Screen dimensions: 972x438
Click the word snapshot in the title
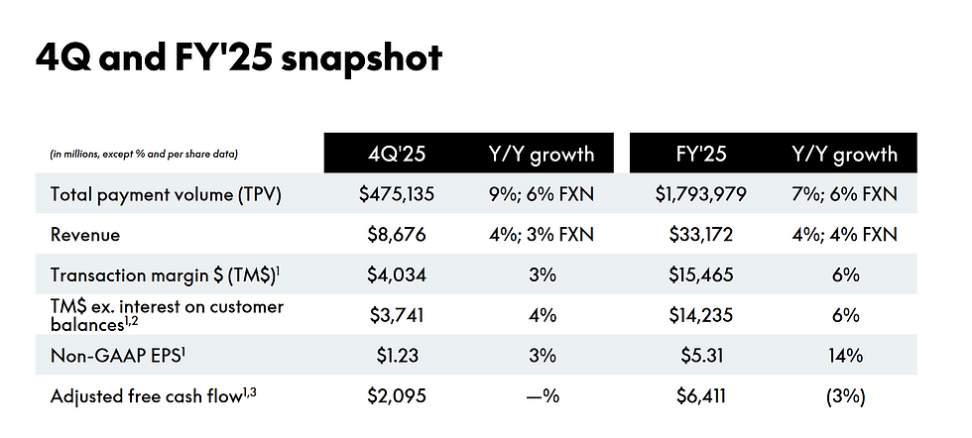(x=361, y=58)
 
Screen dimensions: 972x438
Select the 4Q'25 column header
(x=397, y=154)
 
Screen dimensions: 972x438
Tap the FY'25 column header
(x=700, y=154)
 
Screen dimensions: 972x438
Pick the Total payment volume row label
(x=167, y=195)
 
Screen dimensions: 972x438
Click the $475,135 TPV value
(x=397, y=194)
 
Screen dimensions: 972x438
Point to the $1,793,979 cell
(x=700, y=194)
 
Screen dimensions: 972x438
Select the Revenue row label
(x=85, y=235)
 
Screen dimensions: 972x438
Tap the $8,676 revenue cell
(x=397, y=235)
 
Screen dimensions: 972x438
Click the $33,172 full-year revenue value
(x=700, y=235)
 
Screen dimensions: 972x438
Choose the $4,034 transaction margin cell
(x=397, y=274)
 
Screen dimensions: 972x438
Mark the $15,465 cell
(x=700, y=274)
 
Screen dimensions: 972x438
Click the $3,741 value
(x=397, y=315)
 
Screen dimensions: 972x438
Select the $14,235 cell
(x=700, y=315)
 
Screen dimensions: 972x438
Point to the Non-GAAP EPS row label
(x=118, y=356)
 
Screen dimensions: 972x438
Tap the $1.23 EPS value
(x=398, y=356)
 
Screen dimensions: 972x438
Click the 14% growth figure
(x=845, y=356)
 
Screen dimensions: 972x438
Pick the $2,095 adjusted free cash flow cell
(x=397, y=395)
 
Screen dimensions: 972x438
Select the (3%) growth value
(x=845, y=395)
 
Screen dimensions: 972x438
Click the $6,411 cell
(x=700, y=395)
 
